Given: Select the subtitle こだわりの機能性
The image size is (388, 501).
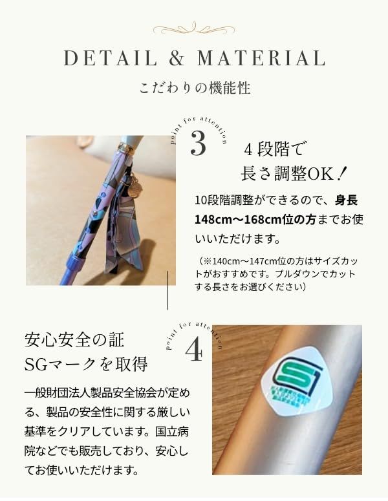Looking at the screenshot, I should pyautogui.click(x=194, y=88).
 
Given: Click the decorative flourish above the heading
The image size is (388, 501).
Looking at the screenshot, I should pyautogui.click(x=194, y=28).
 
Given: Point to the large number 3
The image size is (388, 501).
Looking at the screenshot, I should pyautogui.click(x=198, y=145).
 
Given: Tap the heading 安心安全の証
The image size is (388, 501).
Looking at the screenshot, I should pyautogui.click(x=74, y=340).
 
